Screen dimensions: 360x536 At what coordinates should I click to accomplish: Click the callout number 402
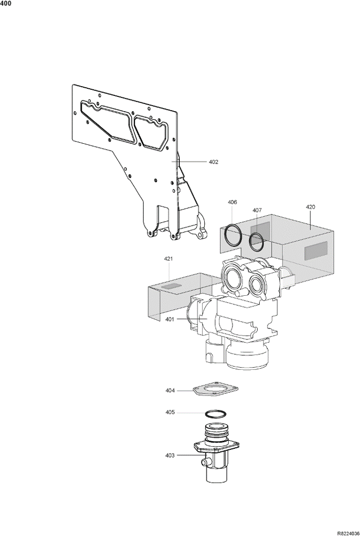point(213,162)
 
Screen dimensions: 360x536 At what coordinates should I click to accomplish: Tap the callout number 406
point(232,203)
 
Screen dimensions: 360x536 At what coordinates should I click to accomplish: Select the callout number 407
point(257,210)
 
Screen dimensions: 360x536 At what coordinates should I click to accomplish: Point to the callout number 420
point(310,207)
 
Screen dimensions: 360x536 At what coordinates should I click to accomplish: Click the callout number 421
point(168,259)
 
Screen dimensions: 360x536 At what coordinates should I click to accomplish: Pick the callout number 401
point(170,319)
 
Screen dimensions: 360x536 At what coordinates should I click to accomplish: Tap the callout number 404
point(170,391)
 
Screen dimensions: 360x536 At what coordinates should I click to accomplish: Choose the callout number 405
point(170,412)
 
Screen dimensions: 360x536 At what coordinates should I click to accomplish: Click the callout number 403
point(170,455)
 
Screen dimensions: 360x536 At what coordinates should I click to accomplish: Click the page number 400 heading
point(6,4)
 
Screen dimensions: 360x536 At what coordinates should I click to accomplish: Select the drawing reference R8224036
point(349,533)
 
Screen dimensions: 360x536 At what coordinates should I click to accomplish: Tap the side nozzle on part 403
point(205,463)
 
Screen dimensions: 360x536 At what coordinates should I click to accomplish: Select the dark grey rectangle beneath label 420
point(316,250)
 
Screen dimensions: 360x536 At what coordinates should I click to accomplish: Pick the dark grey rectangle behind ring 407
point(260,231)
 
